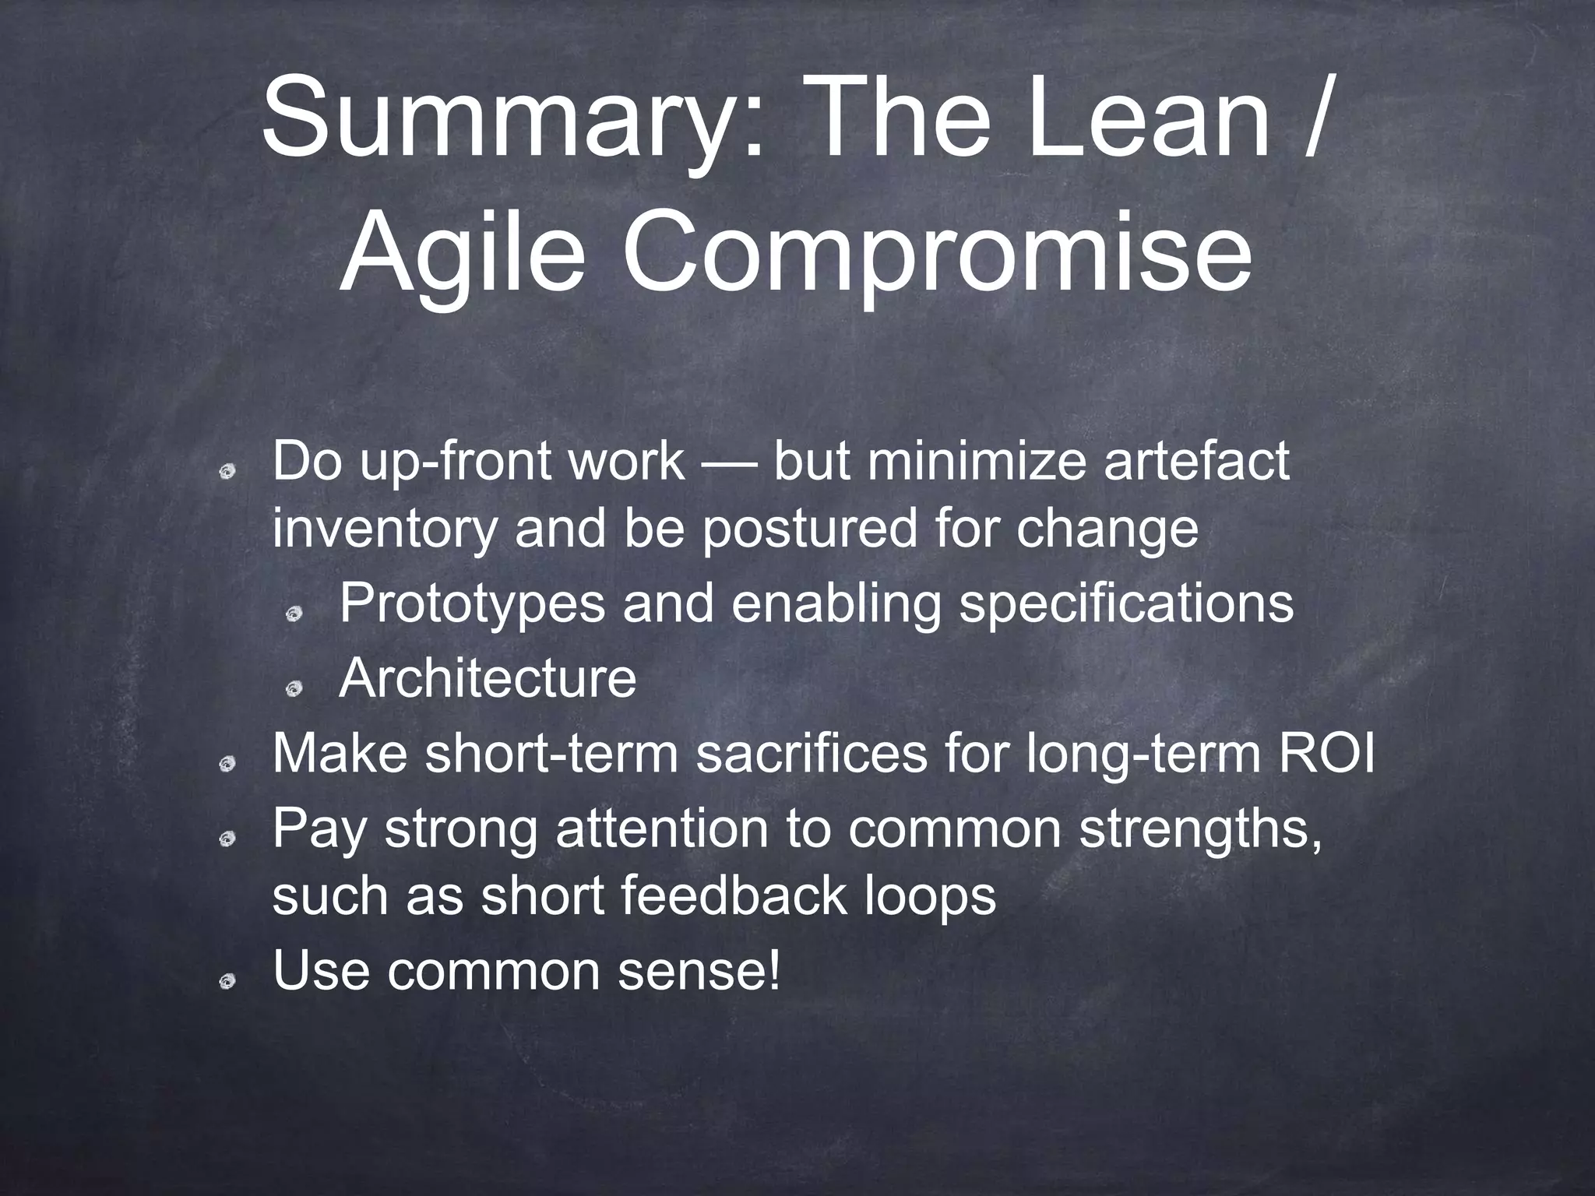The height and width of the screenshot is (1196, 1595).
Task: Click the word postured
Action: click(809, 529)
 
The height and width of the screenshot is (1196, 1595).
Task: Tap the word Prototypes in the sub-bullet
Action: click(472, 603)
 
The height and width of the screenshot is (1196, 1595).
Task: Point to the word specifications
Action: click(1125, 603)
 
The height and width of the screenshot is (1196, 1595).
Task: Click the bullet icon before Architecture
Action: click(294, 688)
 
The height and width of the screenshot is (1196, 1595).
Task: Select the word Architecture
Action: click(488, 678)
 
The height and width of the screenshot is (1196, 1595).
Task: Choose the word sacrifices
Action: click(811, 754)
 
